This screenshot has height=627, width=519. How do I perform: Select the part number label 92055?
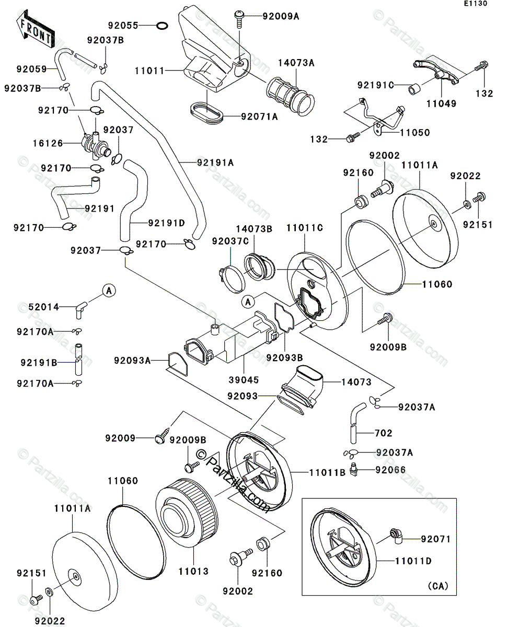pos(123,25)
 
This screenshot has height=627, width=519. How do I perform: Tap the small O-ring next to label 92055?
pos(162,25)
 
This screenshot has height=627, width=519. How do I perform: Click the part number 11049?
pos(441,103)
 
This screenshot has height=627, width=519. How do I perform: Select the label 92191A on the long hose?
pos(215,162)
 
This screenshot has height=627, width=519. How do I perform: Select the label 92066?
pos(390,470)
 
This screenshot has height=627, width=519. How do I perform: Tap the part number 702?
pos(383,433)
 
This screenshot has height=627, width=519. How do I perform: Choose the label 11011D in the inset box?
pos(413,561)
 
